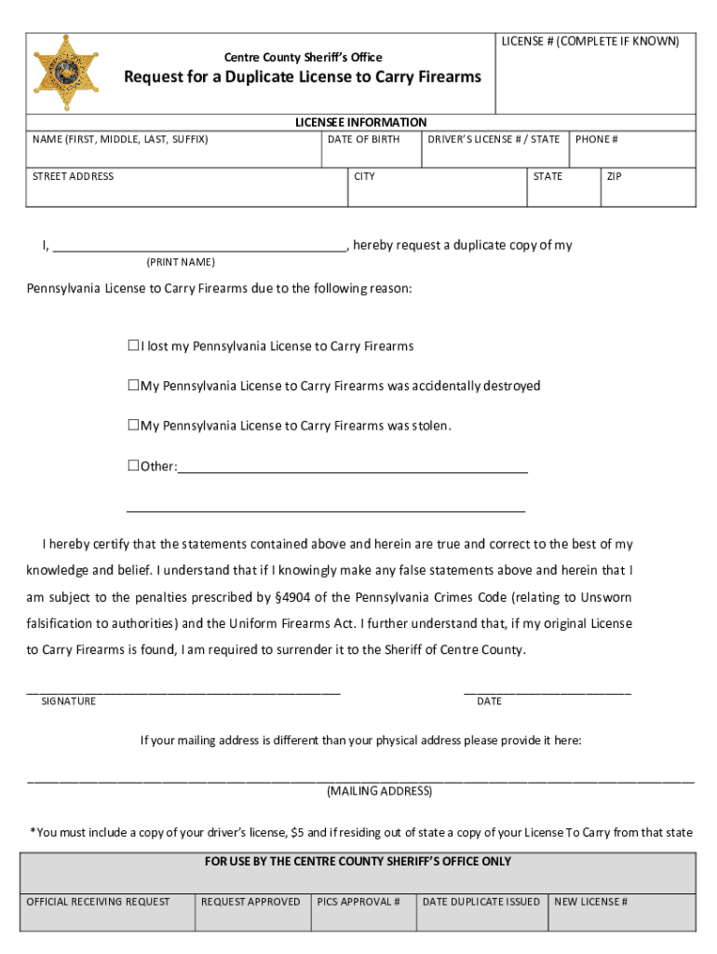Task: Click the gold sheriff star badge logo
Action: (66, 73)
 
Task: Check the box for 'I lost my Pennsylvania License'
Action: (133, 346)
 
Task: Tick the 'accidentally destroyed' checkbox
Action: (133, 385)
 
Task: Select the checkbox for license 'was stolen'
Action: (133, 425)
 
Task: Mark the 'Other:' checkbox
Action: (133, 465)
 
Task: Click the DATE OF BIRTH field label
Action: (363, 139)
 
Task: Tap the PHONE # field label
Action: (597, 139)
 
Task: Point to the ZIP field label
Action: (615, 176)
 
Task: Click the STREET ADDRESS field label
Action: (73, 176)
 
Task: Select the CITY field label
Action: (364, 176)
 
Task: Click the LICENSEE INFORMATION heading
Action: (360, 122)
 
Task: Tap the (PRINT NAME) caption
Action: (181, 262)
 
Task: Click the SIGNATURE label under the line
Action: (68, 701)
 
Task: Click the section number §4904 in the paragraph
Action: (299, 596)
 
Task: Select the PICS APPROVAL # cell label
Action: (358, 901)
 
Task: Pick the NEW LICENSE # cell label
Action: (590, 901)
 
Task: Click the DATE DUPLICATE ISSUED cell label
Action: (480, 901)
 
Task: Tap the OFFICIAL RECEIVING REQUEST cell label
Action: (98, 901)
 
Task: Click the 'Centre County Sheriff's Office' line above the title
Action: (303, 58)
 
